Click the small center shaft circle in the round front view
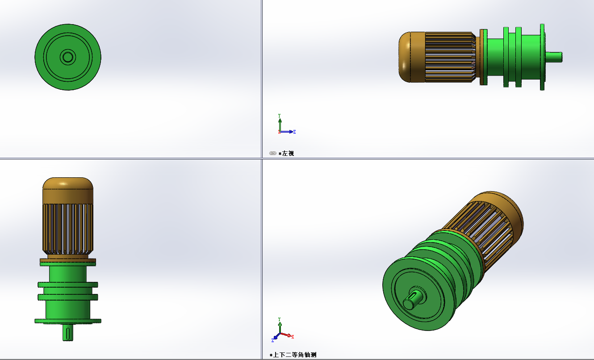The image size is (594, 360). click(68, 57)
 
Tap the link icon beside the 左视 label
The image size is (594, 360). click(273, 153)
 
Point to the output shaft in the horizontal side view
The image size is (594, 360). click(554, 57)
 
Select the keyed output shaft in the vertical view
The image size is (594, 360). click(68, 332)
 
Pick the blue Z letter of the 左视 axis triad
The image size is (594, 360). click(294, 132)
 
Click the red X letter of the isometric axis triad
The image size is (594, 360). click(293, 337)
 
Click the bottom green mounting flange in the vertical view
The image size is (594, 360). click(68, 321)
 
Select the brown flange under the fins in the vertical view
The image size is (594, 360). click(68, 260)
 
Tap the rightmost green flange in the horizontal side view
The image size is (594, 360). click(542, 57)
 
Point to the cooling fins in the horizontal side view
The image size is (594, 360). click(449, 57)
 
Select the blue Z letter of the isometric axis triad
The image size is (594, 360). click(272, 340)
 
